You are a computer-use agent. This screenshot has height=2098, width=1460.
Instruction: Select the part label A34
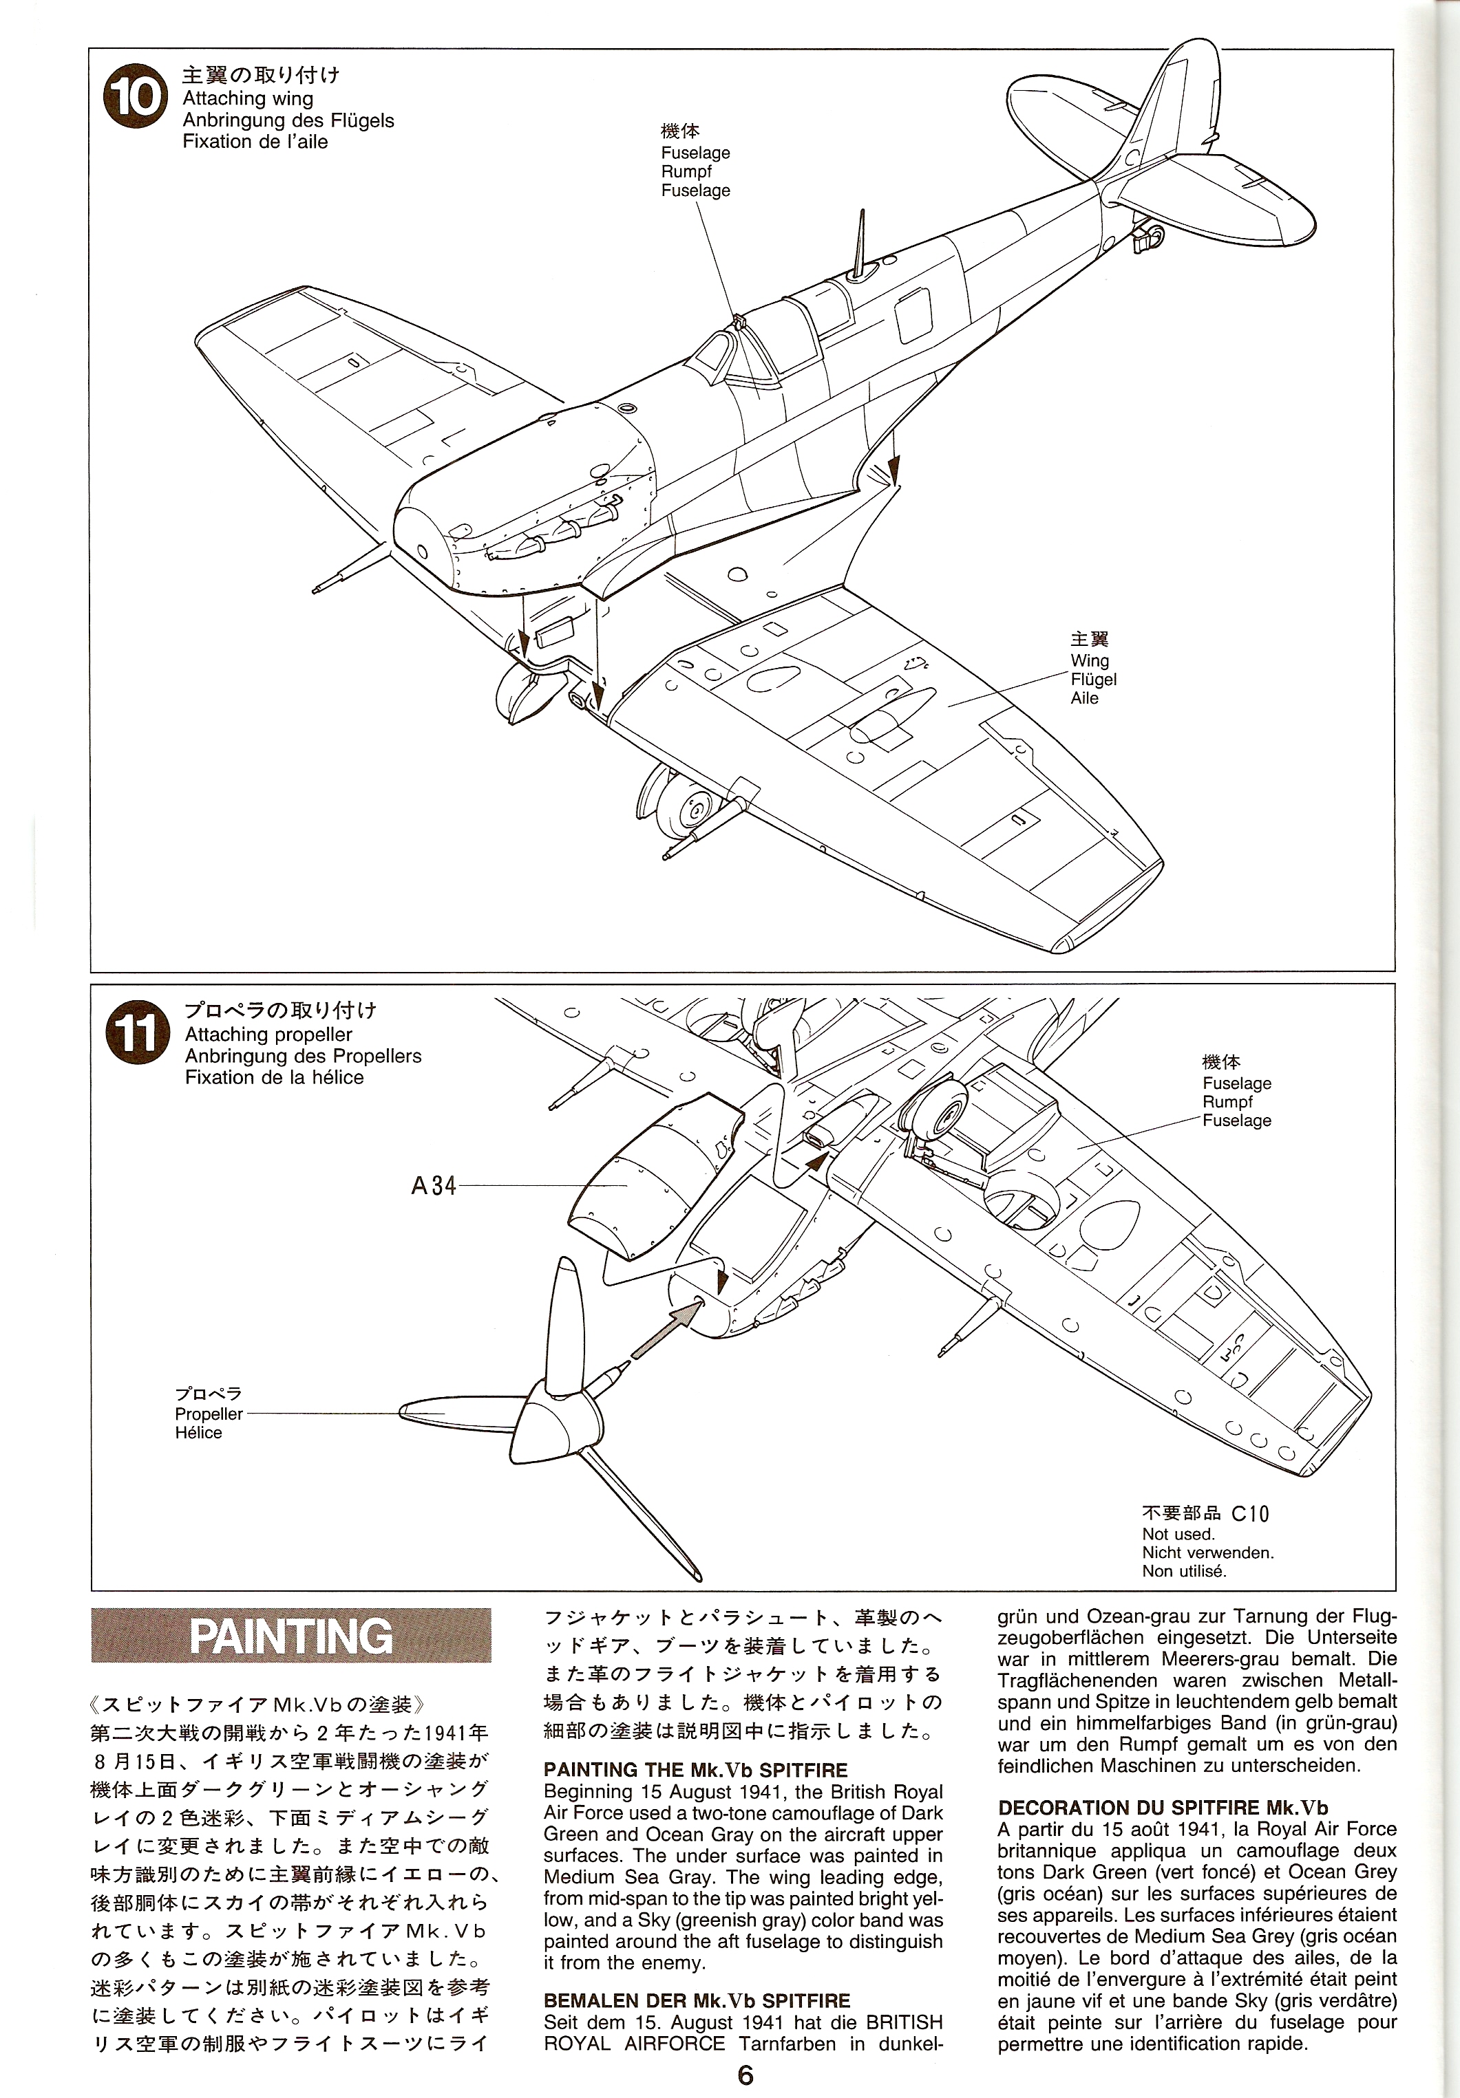pyautogui.click(x=434, y=1186)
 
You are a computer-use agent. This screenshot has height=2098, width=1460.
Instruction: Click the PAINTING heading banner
pyautogui.click(x=290, y=1636)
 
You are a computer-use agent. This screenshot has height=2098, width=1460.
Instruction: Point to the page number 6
pyautogui.click(x=745, y=2075)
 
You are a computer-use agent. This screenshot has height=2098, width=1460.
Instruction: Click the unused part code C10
pyautogui.click(x=1250, y=1514)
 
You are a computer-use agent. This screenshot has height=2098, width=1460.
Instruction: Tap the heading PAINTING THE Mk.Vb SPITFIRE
pyautogui.click(x=695, y=1771)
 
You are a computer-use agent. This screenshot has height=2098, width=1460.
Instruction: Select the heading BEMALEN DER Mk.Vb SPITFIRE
pyautogui.click(x=697, y=2001)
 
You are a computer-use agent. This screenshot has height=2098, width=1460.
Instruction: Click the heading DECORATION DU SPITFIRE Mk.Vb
pyautogui.click(x=1162, y=1808)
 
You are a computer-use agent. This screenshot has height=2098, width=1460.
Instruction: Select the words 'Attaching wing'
pyautogui.click(x=247, y=98)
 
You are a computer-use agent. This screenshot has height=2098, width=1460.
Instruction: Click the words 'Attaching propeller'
pyautogui.click(x=268, y=1035)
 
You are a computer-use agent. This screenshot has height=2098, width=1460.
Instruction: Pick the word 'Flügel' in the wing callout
pyautogui.click(x=1093, y=679)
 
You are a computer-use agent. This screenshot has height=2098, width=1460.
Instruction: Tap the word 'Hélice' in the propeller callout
pyautogui.click(x=198, y=1433)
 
